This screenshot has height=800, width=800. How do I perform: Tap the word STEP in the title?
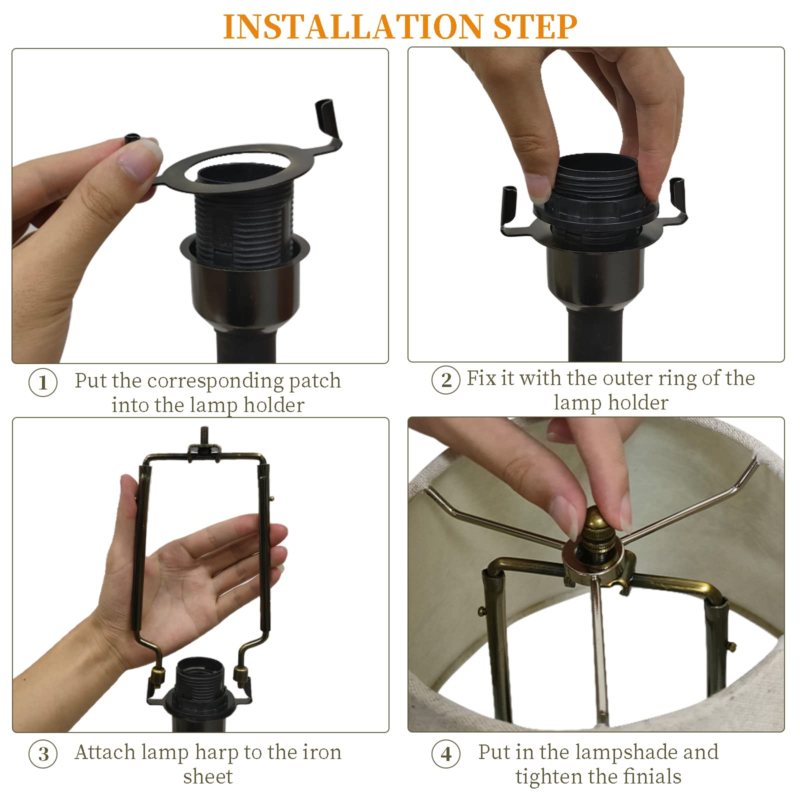point(535,26)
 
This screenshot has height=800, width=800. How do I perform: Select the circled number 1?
point(43,383)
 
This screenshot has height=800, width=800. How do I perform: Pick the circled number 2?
point(446,380)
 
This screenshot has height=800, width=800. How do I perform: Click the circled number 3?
point(43,754)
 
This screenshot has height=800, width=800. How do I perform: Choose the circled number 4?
point(446,754)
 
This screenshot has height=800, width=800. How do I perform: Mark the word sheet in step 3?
point(208,776)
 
